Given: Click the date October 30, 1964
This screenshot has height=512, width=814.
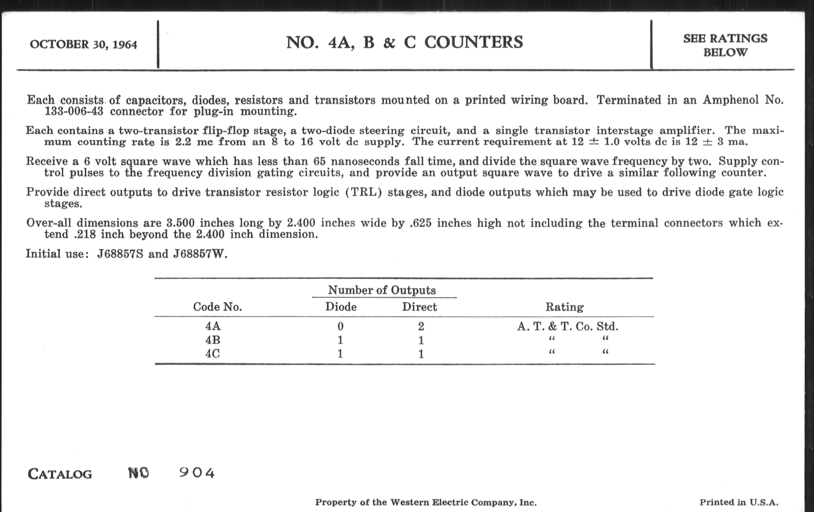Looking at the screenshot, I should [83, 45].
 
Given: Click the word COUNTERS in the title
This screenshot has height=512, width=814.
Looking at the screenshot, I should [473, 42].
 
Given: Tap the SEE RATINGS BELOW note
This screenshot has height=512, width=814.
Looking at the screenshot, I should [725, 45].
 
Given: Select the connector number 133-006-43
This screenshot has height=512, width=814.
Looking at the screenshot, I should [74, 111].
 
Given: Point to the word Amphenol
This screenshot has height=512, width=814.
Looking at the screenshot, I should [730, 100].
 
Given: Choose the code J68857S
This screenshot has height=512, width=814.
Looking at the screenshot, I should [120, 253].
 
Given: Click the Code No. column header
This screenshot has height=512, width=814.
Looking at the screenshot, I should [217, 307].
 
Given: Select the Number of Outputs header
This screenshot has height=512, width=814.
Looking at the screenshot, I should [382, 290].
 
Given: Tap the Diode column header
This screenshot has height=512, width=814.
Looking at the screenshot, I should [341, 307].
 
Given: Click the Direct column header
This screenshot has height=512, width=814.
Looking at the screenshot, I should [419, 307].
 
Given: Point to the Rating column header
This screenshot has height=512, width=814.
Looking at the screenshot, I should [565, 307].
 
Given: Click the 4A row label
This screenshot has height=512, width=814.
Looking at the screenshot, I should [213, 326].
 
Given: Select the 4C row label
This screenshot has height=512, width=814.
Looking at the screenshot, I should [213, 354].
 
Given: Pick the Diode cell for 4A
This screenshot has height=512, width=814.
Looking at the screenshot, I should [340, 327].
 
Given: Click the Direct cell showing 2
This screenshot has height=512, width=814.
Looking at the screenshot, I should [421, 327].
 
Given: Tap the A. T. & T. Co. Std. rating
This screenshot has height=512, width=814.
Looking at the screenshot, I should [568, 327].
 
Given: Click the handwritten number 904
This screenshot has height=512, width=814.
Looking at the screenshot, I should [197, 473].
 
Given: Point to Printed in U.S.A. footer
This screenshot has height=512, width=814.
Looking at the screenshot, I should [739, 502].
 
